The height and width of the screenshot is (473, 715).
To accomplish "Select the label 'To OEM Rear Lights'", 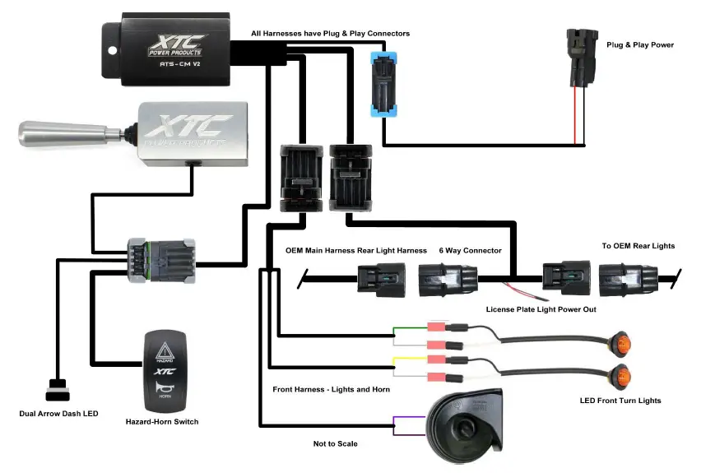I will [638, 246].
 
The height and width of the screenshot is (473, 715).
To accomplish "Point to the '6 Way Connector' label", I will [470, 250].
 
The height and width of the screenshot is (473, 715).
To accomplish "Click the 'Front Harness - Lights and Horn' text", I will [331, 388].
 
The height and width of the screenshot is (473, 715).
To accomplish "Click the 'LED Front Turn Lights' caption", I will [620, 401].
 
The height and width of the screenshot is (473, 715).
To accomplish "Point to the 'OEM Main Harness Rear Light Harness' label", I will [355, 250].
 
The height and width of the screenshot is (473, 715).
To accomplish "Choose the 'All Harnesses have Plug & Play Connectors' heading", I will [330, 34].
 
